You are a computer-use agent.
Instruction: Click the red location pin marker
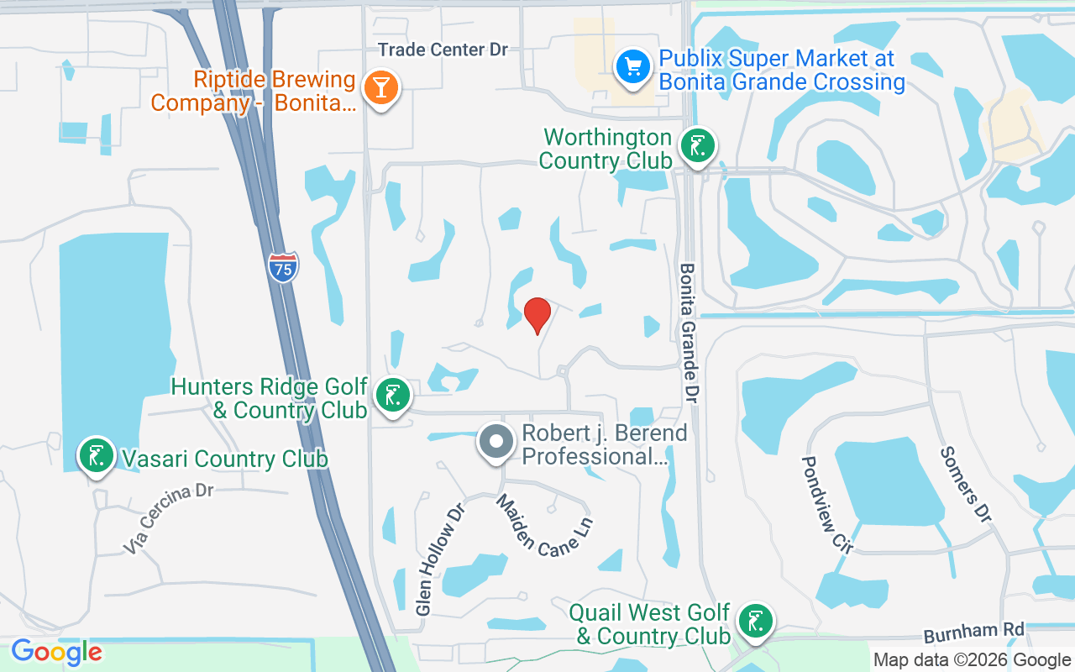click(537, 315)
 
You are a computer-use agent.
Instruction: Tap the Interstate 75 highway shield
click(284, 266)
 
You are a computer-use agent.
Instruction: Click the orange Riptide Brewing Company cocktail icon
click(381, 87)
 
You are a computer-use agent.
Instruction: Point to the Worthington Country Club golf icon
click(697, 146)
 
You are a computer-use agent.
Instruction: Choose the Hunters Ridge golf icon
click(392, 395)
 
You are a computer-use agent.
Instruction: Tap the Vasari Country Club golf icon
click(97, 455)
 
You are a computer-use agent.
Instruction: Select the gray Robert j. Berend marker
click(496, 441)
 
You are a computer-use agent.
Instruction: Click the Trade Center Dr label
click(443, 50)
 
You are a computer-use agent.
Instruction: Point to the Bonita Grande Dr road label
click(690, 331)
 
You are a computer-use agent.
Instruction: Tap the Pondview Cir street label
click(826, 505)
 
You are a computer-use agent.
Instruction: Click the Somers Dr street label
click(967, 483)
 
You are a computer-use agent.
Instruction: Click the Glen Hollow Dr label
click(439, 558)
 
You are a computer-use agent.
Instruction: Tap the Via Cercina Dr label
click(169, 517)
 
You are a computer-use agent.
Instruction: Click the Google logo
click(56, 651)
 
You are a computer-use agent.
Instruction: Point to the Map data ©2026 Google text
click(972, 660)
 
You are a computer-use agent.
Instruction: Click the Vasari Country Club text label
click(224, 459)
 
